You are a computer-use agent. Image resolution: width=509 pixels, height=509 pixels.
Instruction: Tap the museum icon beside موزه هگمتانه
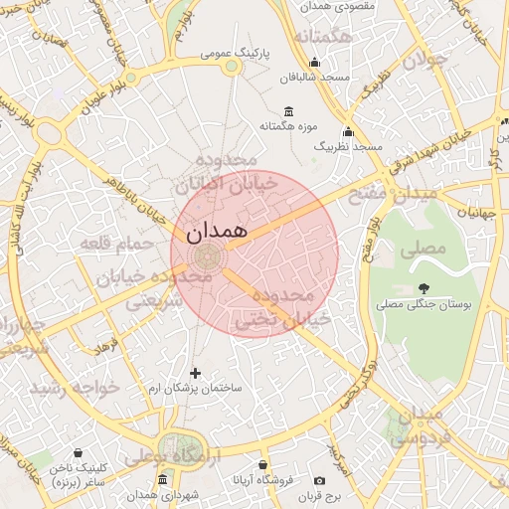[288, 110]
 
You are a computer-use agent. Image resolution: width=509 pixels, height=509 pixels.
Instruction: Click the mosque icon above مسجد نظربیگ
[348, 131]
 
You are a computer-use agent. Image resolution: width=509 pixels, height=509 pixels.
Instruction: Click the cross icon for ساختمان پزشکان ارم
[195, 372]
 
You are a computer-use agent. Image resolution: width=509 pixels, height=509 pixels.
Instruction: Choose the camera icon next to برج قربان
[319, 480]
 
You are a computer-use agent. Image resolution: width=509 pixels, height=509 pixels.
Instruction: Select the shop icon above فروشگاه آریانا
[262, 465]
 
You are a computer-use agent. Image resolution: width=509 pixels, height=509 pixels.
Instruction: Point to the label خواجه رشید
[76, 386]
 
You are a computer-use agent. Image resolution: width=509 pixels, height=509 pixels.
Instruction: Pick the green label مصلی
[423, 252]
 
